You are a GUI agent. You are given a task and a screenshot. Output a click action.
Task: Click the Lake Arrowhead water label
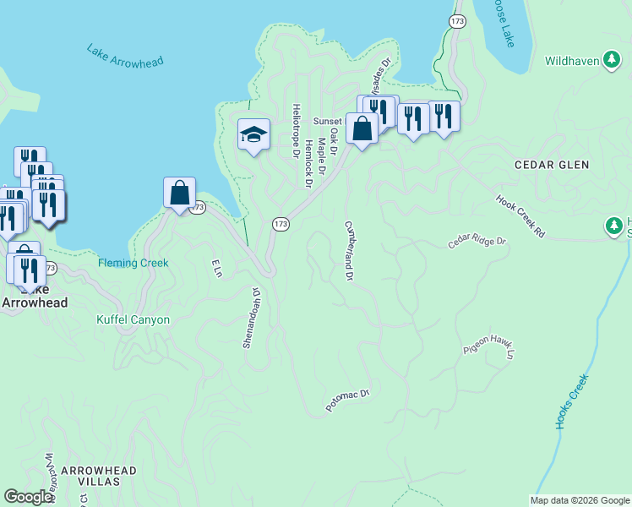click(x=124, y=56)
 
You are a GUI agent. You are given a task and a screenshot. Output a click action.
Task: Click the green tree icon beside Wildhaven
click(x=613, y=59)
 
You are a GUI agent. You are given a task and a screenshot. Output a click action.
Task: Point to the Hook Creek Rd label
click(x=520, y=215)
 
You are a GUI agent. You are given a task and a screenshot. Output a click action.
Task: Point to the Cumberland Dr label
click(x=348, y=251)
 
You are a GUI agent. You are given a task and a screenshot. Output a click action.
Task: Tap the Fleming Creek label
click(x=133, y=263)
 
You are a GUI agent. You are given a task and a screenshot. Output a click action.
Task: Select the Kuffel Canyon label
click(x=133, y=320)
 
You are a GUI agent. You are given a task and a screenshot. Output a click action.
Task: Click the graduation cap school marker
click(x=253, y=135)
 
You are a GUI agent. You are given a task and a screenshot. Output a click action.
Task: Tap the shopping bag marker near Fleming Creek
click(x=180, y=194)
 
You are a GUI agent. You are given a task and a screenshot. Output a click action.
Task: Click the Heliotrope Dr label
click(x=296, y=131)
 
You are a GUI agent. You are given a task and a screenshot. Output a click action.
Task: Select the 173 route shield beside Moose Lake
click(x=457, y=20)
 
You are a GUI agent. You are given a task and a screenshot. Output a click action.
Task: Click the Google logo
click(x=28, y=497)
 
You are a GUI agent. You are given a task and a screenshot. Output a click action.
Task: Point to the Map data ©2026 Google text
click(x=579, y=500)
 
